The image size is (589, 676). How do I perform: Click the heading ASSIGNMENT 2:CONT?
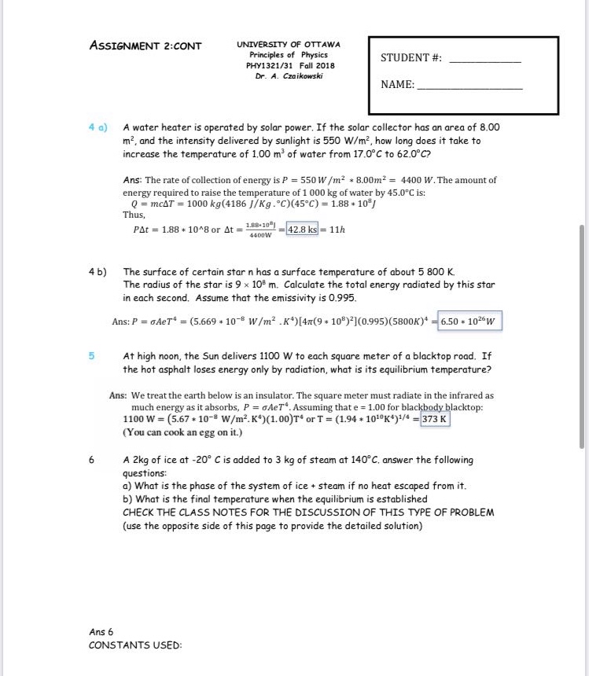[x=145, y=45]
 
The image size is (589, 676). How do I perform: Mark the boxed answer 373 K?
[x=435, y=419]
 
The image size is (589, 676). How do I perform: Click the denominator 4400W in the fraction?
[x=260, y=235]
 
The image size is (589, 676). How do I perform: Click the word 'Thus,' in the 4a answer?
[x=134, y=215]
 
